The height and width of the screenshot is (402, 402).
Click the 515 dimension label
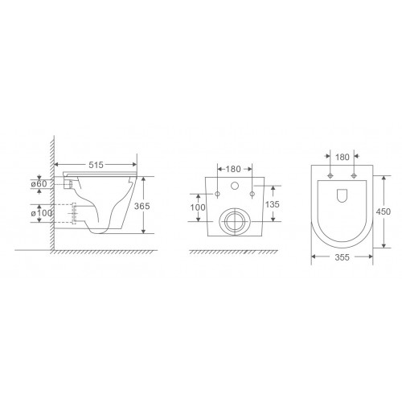96,165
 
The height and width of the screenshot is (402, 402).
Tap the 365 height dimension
142,206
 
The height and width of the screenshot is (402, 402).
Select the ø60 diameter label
39,184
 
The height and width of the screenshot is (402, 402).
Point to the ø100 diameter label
42,213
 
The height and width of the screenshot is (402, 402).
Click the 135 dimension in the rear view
273,204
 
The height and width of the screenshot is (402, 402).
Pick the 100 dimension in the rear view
198,207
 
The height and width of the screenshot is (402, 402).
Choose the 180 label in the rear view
233,169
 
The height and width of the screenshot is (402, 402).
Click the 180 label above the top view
343,157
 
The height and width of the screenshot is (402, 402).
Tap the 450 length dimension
383,211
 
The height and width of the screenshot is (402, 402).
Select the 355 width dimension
343,257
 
